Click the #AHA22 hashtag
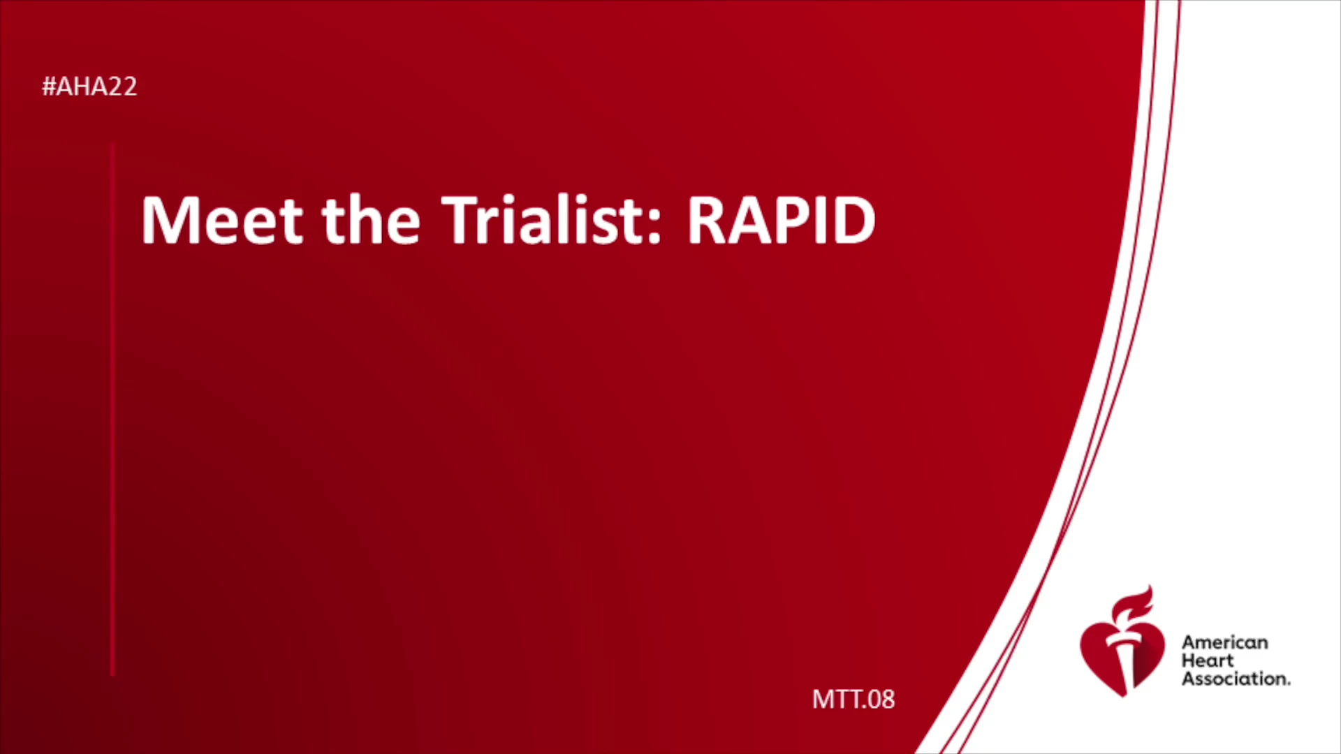pyautogui.click(x=89, y=87)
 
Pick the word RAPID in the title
pyautogui.click(x=782, y=220)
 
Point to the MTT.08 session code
pyautogui.click(x=853, y=699)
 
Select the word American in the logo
pyautogui.click(x=1224, y=642)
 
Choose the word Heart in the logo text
pyautogui.click(x=1208, y=660)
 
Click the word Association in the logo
pyautogui.click(x=1236, y=679)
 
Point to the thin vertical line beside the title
pyautogui.click(x=112, y=409)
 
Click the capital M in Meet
pyautogui.click(x=168, y=220)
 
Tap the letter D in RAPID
pyautogui.click(x=853, y=220)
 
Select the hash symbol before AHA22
pyautogui.click(x=49, y=87)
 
